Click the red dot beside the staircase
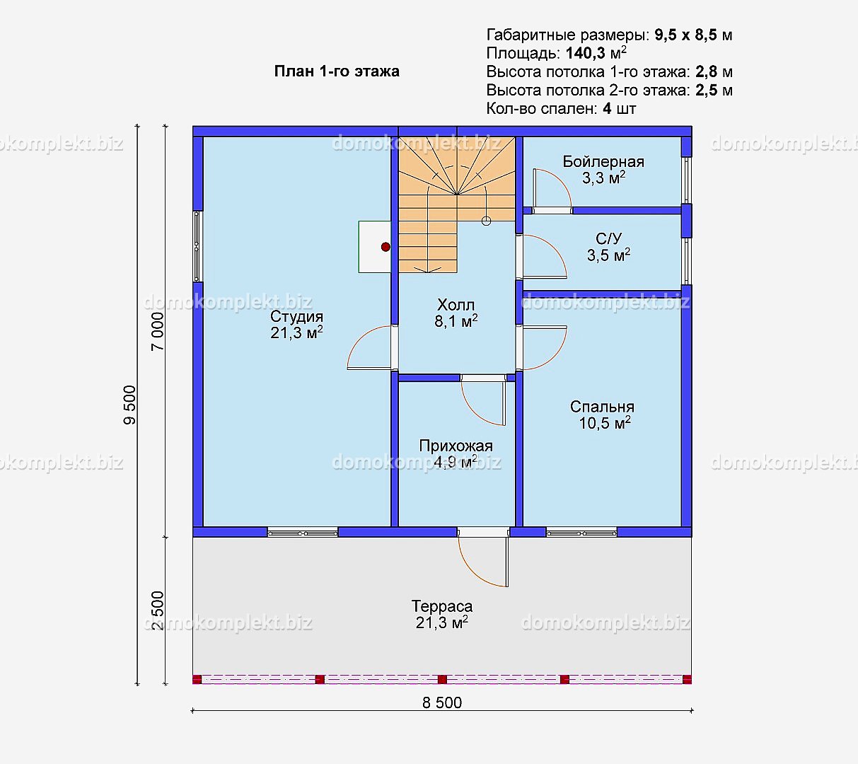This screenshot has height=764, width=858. point(385,247)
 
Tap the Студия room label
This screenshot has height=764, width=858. point(296,316)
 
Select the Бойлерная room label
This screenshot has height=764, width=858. point(603,162)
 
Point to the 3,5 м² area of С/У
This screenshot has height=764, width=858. point(608,255)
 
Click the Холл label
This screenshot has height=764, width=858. point(456,305)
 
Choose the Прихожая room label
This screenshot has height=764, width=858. point(456,446)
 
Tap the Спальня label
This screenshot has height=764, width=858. point(602,407)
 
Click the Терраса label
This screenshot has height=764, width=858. point(441,606)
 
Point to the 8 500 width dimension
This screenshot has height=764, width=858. point(441,703)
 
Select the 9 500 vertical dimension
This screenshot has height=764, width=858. point(129,405)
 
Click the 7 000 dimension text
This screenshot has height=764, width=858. point(158,331)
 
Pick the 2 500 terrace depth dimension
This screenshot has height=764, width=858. point(158,610)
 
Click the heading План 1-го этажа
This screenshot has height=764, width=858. point(337,71)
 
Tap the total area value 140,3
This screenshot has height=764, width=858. point(586,53)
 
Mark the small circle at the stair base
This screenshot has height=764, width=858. point(486,221)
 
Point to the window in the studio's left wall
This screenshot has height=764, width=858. point(197,246)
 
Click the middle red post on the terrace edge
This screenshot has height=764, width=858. point(442,680)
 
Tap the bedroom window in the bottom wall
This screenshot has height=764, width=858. point(581,533)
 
